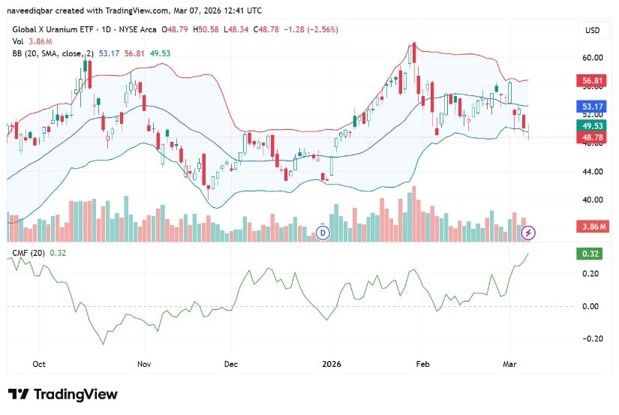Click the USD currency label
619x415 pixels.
(592, 30)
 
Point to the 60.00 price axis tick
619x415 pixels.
(593, 57)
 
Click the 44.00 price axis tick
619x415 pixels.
(593, 172)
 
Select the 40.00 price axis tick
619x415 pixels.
(593, 200)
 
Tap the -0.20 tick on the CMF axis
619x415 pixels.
(591, 338)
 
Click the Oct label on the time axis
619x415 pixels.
(39, 363)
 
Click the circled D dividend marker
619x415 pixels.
(323, 233)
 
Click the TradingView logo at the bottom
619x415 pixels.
(63, 395)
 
